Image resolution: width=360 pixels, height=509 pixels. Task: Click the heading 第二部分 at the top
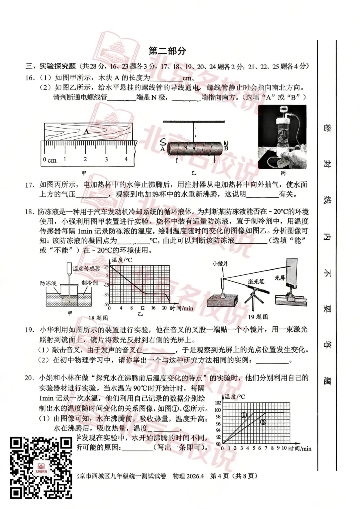167,51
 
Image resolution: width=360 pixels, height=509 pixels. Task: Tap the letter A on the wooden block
86,131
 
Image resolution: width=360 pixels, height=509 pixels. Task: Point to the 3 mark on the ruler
106,159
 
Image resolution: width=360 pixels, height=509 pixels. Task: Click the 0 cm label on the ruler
50,160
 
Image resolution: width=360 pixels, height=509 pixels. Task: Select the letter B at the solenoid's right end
226,148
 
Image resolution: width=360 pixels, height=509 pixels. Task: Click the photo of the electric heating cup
282,137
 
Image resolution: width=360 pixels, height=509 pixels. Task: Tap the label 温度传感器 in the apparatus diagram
86,268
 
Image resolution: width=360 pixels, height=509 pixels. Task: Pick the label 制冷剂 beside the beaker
90,283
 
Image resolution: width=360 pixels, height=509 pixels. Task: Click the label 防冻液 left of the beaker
48,283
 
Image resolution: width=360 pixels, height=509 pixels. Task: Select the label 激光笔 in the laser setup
256,281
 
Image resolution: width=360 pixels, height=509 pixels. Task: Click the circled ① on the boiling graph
244,415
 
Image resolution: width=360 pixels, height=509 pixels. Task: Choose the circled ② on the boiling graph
263,422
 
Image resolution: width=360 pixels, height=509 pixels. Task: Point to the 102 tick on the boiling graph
218,403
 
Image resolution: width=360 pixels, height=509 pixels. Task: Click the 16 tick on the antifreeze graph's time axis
153,308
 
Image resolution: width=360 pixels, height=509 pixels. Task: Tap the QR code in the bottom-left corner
41,467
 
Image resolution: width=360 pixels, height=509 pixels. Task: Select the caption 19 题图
258,317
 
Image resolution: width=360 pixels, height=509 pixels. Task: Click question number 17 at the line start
30,185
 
